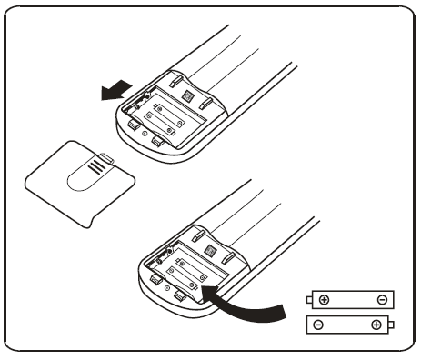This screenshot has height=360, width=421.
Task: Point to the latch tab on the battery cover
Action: pos(107,158)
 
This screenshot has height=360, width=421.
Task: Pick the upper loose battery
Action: pos(349,299)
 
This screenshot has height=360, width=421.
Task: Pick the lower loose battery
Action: pos(349,323)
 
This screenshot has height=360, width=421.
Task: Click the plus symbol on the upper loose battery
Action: pos(325,299)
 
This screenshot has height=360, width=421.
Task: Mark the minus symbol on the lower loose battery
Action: pos(317,324)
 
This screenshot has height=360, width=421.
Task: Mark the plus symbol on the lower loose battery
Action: pos(375,324)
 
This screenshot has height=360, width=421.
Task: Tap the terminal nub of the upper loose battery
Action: pos(308,299)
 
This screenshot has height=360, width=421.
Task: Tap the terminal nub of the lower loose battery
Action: pos(392,324)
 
